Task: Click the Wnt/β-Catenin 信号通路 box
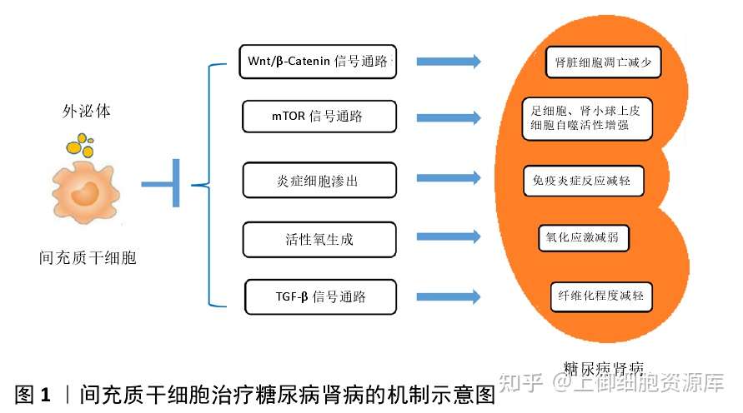coord(318,62)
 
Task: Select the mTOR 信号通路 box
coord(319,117)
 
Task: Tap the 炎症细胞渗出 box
coord(319,180)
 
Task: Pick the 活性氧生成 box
coord(319,239)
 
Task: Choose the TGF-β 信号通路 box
coord(320,296)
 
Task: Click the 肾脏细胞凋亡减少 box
coord(603,62)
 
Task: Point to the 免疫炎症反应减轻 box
coord(584,180)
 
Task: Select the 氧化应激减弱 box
coord(584,237)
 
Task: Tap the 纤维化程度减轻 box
coord(601,296)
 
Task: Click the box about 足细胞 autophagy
coord(586,118)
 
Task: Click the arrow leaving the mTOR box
coord(449,117)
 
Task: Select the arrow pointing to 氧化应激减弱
coord(449,236)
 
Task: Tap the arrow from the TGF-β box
coord(449,296)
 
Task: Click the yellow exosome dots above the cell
coord(81,145)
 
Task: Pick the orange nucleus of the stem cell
coord(85,193)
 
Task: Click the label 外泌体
coord(86,112)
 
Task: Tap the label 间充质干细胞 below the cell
coord(88,258)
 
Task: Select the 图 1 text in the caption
coord(33,395)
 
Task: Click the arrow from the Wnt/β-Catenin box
coord(449,62)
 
